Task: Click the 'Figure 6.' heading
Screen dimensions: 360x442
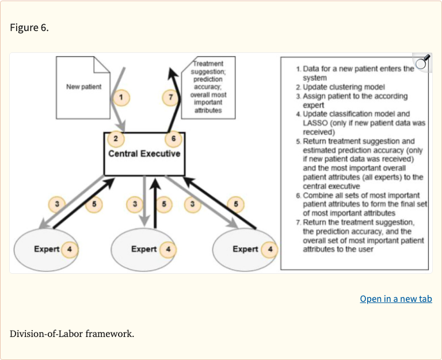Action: tap(29, 28)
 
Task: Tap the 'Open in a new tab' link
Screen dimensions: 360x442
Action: tap(395, 298)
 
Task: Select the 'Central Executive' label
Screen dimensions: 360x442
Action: tap(144, 154)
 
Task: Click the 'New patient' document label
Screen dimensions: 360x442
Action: tap(83, 87)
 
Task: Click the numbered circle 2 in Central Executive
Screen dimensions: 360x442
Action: tap(116, 139)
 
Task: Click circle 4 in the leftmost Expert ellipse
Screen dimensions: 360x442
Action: tap(69, 249)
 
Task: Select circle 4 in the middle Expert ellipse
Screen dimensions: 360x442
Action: tap(167, 249)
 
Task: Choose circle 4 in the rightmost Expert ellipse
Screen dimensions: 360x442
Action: tap(269, 249)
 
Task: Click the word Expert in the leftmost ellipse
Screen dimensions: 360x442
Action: tap(46, 249)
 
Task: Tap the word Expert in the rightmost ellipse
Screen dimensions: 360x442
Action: tap(245, 249)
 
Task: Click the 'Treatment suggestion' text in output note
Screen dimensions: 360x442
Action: tap(209, 68)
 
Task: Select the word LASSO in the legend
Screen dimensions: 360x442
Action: tap(314, 123)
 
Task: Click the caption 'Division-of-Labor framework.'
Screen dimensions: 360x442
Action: tap(72, 333)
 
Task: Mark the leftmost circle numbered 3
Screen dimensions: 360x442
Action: tap(57, 204)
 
